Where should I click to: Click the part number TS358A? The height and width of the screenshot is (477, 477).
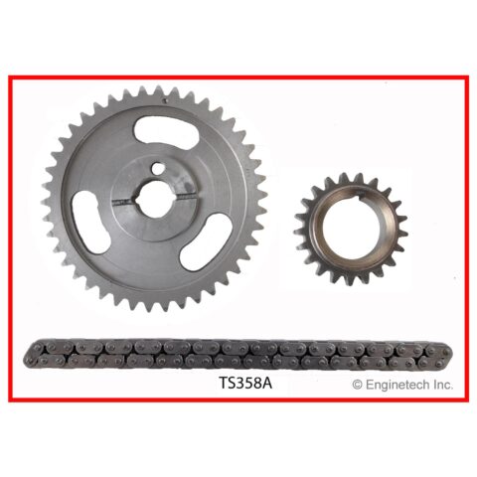[x=245, y=383]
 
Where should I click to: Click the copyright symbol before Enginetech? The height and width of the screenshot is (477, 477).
[x=357, y=385]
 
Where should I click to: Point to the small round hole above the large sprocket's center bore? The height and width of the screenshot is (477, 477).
[x=157, y=168]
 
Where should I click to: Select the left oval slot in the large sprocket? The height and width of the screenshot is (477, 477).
[x=90, y=223]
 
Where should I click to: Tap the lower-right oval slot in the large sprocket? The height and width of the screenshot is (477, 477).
[x=206, y=241]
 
